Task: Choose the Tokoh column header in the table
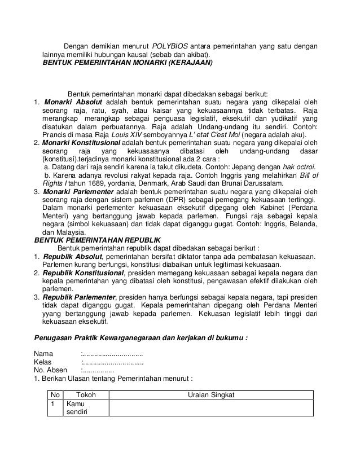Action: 86,394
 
